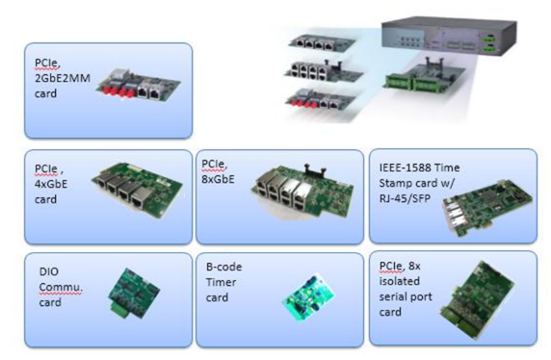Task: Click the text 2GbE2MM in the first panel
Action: pyautogui.click(x=63, y=78)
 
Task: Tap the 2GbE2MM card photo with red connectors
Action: pyautogui.click(x=138, y=86)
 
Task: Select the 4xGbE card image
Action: pyautogui.click(x=137, y=190)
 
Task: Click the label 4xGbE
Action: pyautogui.click(x=51, y=184)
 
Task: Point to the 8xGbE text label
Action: pyautogui.click(x=218, y=179)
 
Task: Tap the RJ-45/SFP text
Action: pyautogui.click(x=405, y=199)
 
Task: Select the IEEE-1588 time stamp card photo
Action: pyautogui.click(x=487, y=207)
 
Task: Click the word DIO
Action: pyautogui.click(x=49, y=271)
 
